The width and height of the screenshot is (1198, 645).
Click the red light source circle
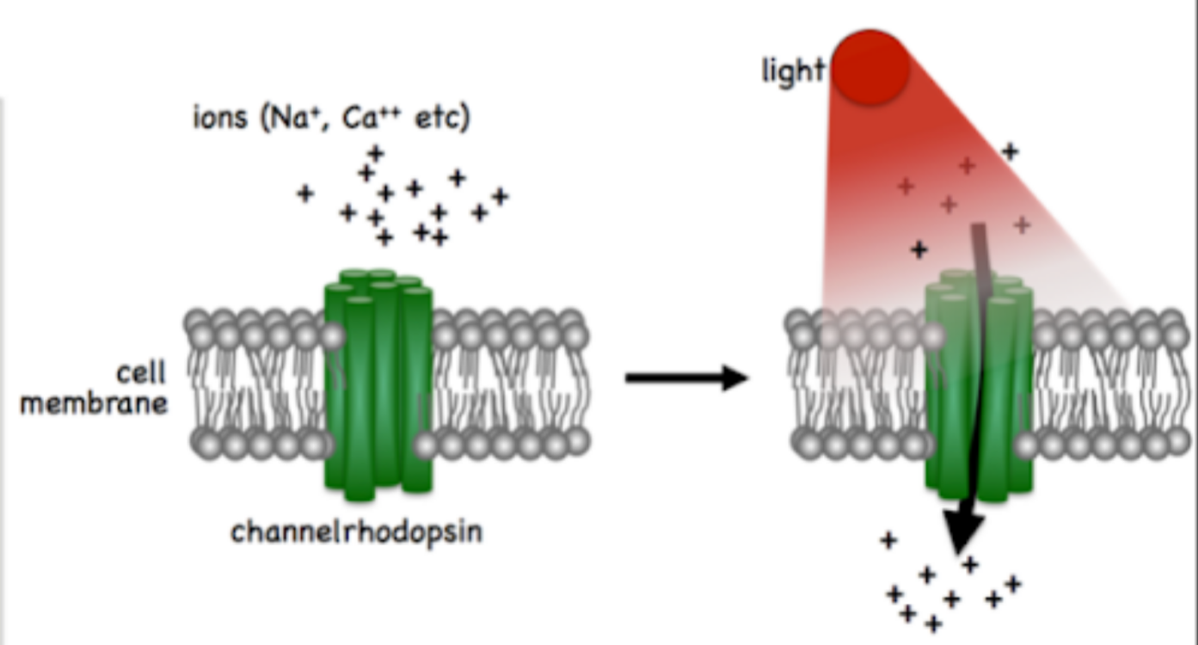coord(870,67)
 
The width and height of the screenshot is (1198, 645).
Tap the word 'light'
coord(792,71)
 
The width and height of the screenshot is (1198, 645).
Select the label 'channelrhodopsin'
coord(357,532)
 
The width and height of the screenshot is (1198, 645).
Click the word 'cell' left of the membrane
coord(141,374)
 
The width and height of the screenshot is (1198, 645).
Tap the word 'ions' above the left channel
coord(220,119)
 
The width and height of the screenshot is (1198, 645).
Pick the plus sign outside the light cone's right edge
coord(1010,152)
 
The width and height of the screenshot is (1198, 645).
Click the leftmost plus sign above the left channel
coord(304,193)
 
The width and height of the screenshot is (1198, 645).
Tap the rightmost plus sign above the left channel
coord(501,196)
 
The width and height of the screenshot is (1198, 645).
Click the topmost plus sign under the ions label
coord(375,154)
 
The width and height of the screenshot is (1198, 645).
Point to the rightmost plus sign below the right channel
coord(1013,584)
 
